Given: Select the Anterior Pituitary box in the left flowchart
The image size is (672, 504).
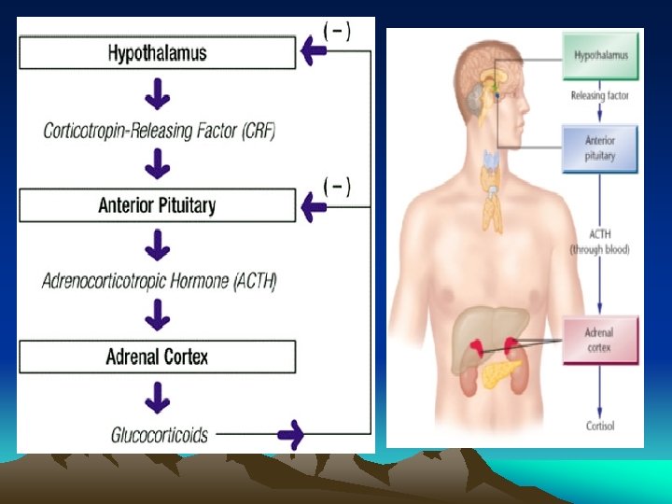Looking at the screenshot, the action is (157, 204).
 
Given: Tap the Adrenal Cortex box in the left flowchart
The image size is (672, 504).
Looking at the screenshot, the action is (157, 357).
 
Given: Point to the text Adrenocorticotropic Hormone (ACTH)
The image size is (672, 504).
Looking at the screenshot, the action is (160, 280).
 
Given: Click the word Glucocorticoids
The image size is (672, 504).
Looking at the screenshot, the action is (160, 434).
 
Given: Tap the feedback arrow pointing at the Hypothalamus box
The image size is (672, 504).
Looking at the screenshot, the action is (312, 54).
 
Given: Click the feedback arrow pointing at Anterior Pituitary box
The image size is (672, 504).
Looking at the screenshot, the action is (312, 203).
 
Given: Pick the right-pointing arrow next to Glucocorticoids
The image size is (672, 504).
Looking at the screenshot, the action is (292, 434).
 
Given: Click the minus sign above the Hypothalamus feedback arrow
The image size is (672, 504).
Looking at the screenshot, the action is (336, 30).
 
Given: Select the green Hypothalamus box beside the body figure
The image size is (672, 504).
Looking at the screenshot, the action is (600, 55).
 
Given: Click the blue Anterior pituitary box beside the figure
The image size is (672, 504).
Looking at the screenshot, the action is (600, 149).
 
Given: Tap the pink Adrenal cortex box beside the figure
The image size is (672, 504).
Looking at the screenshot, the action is (600, 340).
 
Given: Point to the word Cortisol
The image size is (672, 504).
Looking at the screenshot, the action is (600, 427).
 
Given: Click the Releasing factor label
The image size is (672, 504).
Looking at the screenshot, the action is (600, 95).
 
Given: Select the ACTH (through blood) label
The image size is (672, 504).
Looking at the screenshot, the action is (600, 243).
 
